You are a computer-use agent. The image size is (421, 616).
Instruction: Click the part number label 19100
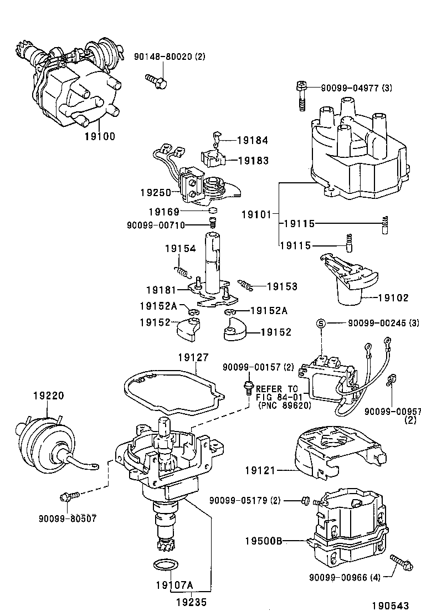point(100,136)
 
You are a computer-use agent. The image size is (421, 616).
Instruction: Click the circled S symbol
point(320,324)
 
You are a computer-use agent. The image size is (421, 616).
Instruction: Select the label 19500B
point(264,540)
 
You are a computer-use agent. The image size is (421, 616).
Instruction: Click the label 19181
point(161,290)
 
